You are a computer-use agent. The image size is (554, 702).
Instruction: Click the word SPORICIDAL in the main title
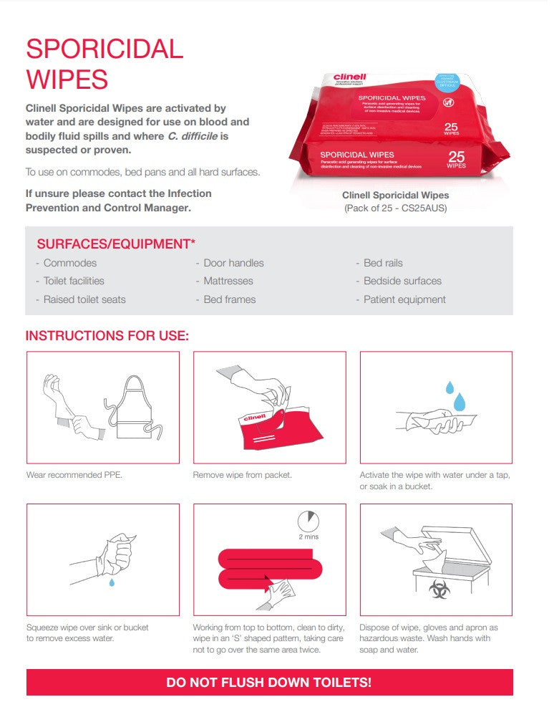point(105,49)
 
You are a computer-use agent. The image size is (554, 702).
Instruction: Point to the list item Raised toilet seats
point(84,299)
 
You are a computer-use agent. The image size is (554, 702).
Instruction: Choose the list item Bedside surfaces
point(402,281)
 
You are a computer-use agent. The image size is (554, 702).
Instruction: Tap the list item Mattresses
point(228,281)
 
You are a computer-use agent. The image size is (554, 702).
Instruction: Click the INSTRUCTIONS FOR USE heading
point(107,335)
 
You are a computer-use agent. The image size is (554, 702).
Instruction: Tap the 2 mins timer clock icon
point(308,521)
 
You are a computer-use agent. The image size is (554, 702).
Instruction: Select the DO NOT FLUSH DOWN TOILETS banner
point(269,683)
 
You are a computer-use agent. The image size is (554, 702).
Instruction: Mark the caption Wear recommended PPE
point(74,475)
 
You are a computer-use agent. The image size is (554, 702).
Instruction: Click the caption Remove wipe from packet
point(243,475)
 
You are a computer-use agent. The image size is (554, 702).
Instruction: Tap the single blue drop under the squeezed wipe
point(112,583)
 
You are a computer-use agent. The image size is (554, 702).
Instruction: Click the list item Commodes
point(69,263)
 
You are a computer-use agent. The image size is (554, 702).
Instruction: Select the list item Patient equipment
point(404,299)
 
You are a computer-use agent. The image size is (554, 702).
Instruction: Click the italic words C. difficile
point(197,135)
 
